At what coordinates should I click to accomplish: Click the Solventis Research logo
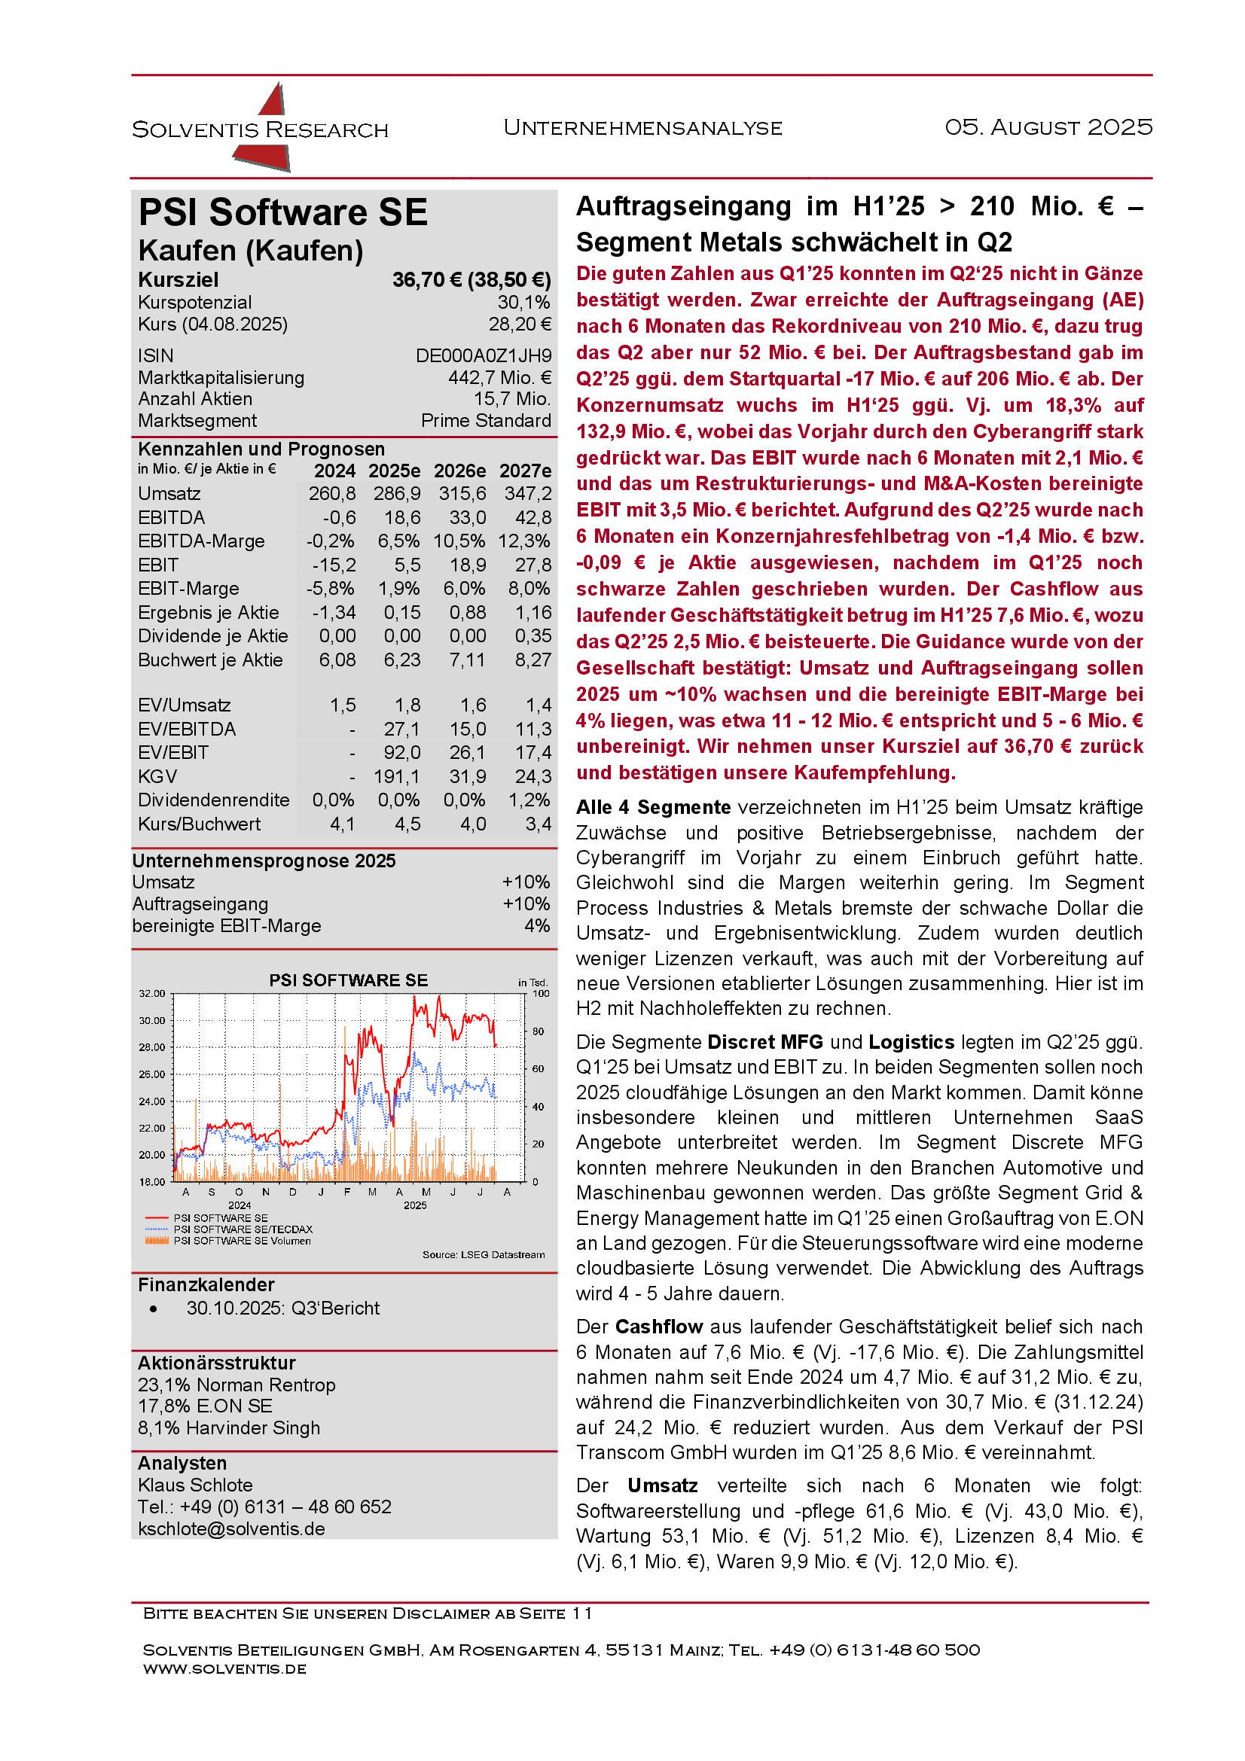(x=261, y=128)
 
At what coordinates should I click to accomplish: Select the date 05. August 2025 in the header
(x=1048, y=126)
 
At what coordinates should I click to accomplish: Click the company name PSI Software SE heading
(x=283, y=212)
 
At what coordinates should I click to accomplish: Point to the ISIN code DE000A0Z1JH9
(x=484, y=356)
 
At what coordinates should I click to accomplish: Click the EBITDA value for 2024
(x=338, y=518)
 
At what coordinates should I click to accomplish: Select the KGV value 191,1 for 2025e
(x=397, y=777)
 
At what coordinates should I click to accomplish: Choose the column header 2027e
(x=525, y=471)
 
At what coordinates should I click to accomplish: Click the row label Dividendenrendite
(x=213, y=800)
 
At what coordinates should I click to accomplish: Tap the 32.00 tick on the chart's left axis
(x=152, y=993)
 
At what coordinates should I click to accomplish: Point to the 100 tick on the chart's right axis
(x=541, y=993)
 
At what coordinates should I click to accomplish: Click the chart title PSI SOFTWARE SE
(x=348, y=980)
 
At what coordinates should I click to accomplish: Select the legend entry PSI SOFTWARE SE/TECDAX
(x=243, y=1229)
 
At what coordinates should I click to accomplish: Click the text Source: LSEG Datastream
(x=484, y=1255)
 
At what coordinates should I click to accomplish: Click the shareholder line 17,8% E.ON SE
(x=205, y=1406)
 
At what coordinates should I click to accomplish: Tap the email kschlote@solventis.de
(x=231, y=1528)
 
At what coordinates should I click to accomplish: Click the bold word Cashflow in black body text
(x=659, y=1327)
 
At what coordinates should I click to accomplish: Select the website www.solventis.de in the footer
(x=224, y=1668)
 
